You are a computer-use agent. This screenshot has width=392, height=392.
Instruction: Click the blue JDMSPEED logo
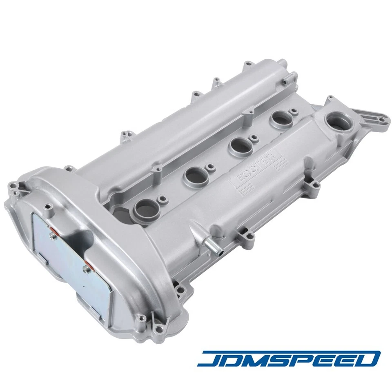[289, 358]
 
